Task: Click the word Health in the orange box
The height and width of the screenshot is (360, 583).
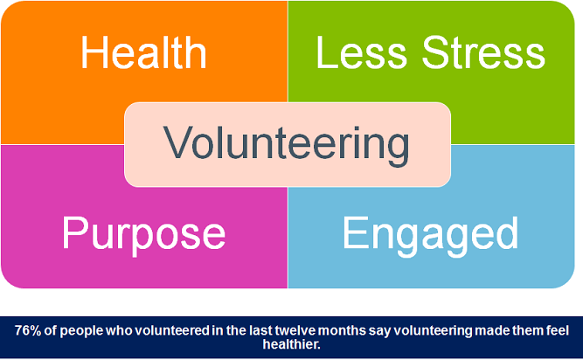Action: pyautogui.click(x=143, y=52)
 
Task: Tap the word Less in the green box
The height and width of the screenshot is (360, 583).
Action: pyautogui.click(x=361, y=52)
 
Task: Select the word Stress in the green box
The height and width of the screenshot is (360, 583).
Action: pyautogui.click(x=483, y=52)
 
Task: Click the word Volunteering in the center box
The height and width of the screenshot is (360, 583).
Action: pyautogui.click(x=287, y=144)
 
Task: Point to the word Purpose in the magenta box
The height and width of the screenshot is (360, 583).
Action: pyautogui.click(x=144, y=235)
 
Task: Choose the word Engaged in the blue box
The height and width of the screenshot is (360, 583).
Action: pyautogui.click(x=430, y=235)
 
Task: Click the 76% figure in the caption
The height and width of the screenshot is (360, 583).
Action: pyautogui.click(x=28, y=330)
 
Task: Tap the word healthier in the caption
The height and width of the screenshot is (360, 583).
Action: pyautogui.click(x=291, y=344)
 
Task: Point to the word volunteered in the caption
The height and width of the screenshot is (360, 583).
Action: pyautogui.click(x=172, y=330)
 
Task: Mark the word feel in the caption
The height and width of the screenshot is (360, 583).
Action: pyautogui.click(x=558, y=330)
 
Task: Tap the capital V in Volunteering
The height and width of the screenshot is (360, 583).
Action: pyautogui.click(x=177, y=142)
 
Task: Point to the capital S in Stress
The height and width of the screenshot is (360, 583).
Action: pyautogui.click(x=436, y=52)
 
